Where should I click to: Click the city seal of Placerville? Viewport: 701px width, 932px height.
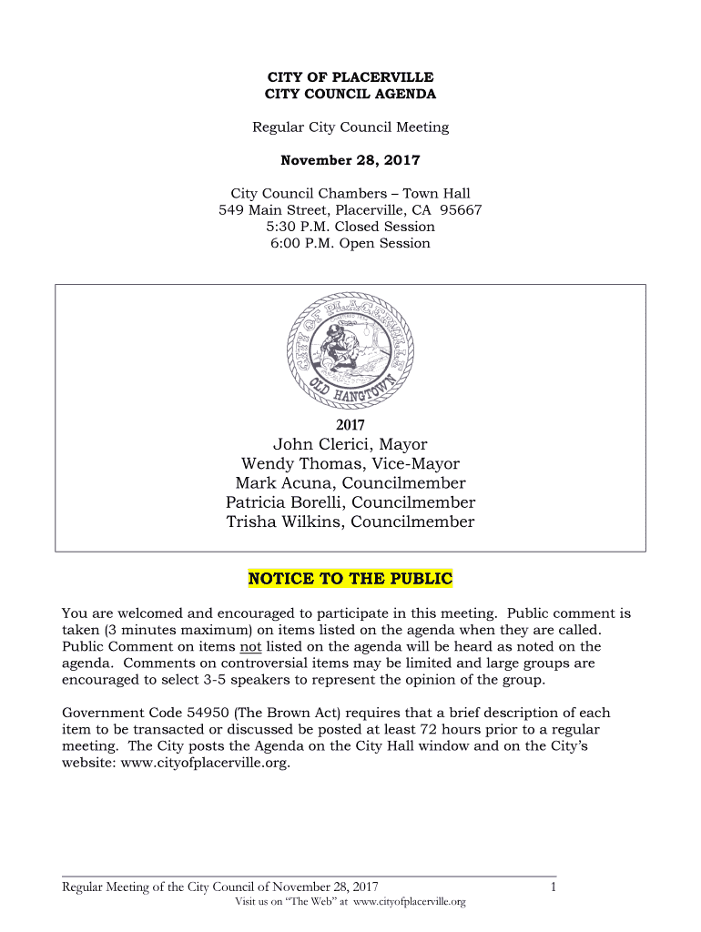(350, 350)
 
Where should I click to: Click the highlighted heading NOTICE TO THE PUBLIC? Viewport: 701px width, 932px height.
(350, 579)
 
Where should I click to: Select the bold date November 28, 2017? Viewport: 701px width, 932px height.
(350, 160)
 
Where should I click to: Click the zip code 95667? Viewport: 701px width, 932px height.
(459, 210)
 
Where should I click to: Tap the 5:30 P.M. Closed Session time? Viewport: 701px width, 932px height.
(350, 227)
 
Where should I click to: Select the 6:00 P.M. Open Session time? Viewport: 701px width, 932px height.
(350, 243)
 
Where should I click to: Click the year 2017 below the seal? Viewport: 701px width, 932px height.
(350, 425)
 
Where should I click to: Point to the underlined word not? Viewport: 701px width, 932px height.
(249, 647)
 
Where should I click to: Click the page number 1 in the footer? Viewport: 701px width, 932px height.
(553, 886)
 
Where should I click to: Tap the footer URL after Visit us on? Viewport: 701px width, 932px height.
(409, 902)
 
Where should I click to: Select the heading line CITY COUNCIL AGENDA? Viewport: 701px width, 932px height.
(350, 94)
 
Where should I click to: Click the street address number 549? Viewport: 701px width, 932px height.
(232, 210)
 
